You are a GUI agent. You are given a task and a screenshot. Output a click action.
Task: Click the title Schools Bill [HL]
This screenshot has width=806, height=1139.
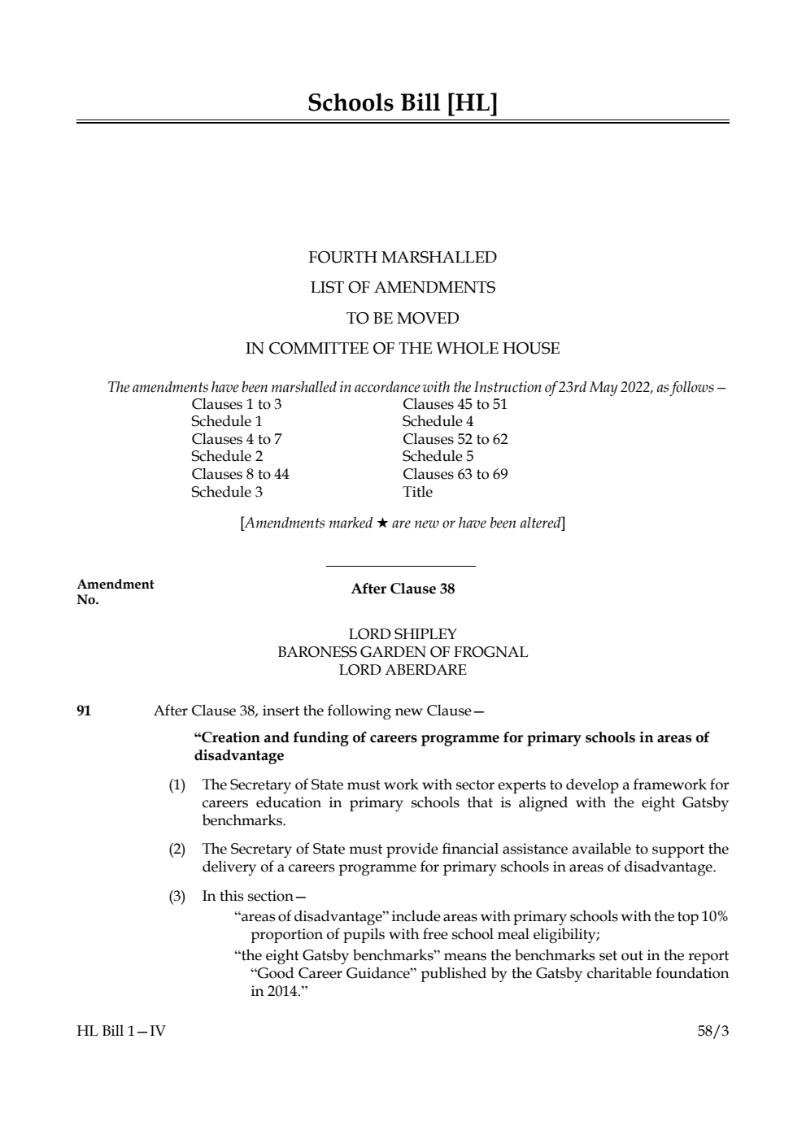click(403, 102)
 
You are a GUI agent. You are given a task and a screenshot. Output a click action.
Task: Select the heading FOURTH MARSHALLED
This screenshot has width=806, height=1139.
click(403, 258)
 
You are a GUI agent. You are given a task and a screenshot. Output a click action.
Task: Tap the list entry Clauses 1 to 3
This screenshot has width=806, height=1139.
click(237, 404)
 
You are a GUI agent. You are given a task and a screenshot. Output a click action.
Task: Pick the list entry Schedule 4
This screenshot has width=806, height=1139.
click(438, 421)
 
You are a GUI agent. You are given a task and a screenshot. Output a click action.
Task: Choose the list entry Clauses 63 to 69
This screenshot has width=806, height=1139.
click(455, 474)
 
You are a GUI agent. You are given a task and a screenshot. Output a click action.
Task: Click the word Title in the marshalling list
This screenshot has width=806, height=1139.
click(417, 492)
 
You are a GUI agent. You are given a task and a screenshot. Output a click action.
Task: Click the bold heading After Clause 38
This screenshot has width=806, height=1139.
click(403, 589)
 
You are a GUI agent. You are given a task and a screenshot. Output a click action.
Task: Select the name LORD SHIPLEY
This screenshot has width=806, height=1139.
click(403, 634)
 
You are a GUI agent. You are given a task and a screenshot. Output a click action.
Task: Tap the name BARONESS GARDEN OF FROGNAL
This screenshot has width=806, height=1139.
click(403, 652)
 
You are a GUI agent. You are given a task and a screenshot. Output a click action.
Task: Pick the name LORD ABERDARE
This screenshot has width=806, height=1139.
click(403, 670)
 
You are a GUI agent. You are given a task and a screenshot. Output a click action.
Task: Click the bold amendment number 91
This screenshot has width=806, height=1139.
click(84, 711)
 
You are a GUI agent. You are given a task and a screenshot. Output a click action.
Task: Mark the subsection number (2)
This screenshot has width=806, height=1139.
click(176, 850)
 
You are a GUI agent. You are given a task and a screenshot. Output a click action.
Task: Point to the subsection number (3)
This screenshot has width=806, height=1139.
click(176, 896)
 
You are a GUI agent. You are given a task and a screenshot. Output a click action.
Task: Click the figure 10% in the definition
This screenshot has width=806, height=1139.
click(713, 916)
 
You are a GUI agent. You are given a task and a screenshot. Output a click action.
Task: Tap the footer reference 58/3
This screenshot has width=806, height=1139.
click(713, 1032)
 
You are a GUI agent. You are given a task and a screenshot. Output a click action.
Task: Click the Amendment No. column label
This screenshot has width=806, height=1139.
click(115, 592)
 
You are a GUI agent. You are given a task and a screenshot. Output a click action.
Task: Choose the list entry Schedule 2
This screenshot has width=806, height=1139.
click(227, 456)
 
